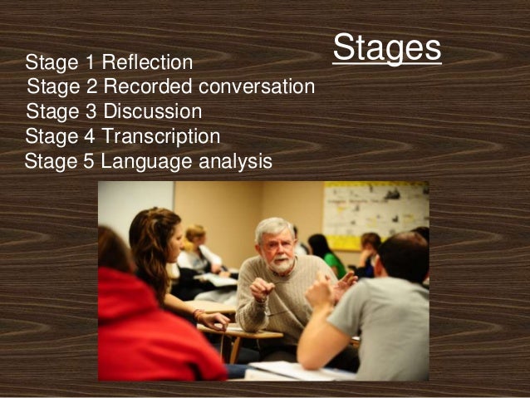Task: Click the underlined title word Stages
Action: tap(386, 48)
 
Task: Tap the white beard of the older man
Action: tap(280, 264)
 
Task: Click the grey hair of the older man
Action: tap(273, 226)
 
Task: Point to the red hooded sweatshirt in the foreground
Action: tap(154, 332)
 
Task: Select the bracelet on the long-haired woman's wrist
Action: tap(199, 314)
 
